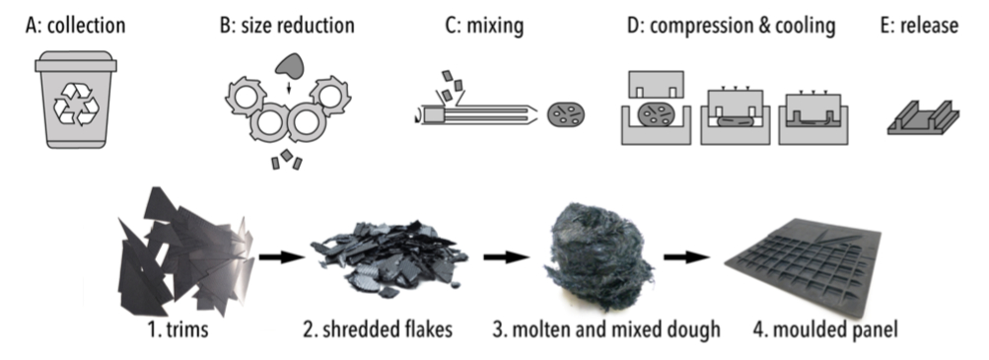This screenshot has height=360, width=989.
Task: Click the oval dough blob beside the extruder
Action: [x=566, y=112]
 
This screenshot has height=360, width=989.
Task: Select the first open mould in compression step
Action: [x=655, y=111]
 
